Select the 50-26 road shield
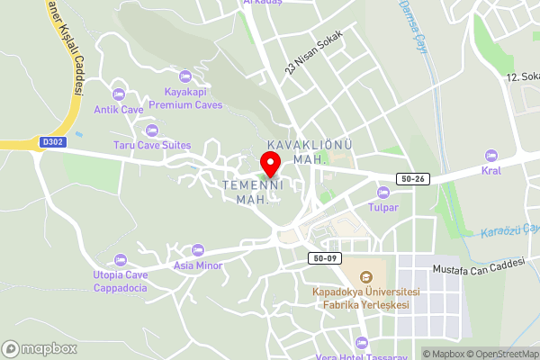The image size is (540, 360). click(x=413, y=179)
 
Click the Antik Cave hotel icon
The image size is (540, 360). click(x=119, y=94)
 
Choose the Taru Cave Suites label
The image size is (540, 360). click(x=151, y=145)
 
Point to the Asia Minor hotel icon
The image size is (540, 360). click(x=197, y=249)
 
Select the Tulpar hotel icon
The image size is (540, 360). click(x=383, y=192)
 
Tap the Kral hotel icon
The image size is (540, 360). click(x=490, y=156)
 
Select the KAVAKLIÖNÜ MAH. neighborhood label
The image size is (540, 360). click(x=309, y=151)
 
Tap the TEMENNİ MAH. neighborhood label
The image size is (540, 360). click(x=253, y=191)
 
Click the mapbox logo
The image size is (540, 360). click(x=40, y=348)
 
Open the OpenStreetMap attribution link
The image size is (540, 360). click(x=501, y=354)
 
